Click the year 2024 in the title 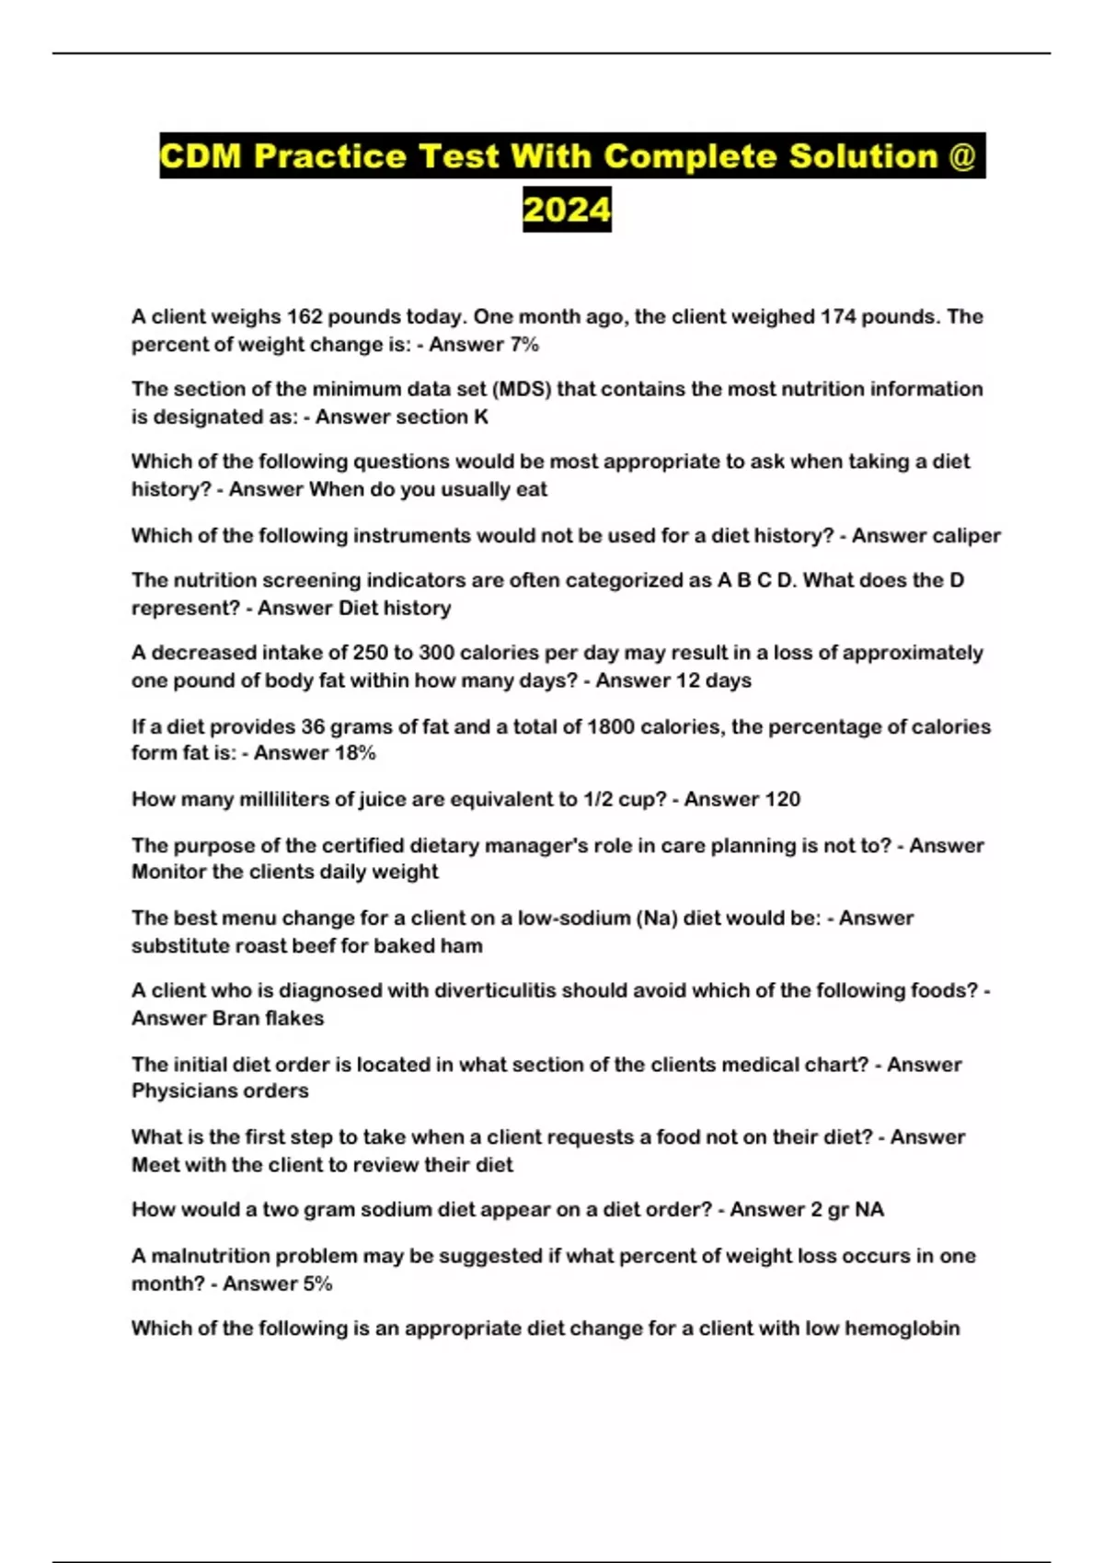tap(567, 210)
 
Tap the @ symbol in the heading tap(961, 155)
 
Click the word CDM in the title tap(201, 155)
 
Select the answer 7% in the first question tap(523, 345)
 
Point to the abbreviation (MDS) tap(522, 389)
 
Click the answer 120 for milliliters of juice tap(782, 800)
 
